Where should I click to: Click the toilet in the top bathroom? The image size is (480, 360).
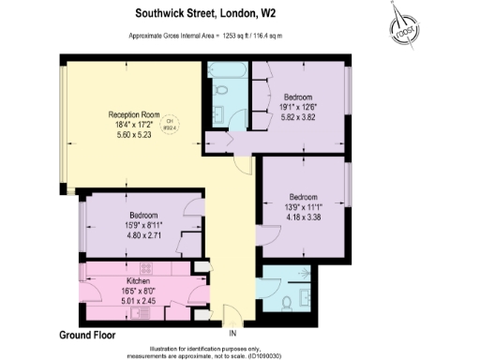tap(223, 93)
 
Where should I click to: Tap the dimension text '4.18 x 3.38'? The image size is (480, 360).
tap(303, 217)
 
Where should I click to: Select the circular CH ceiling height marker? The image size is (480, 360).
tap(171, 126)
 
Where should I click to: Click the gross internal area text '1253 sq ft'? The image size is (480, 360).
tap(236, 37)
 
